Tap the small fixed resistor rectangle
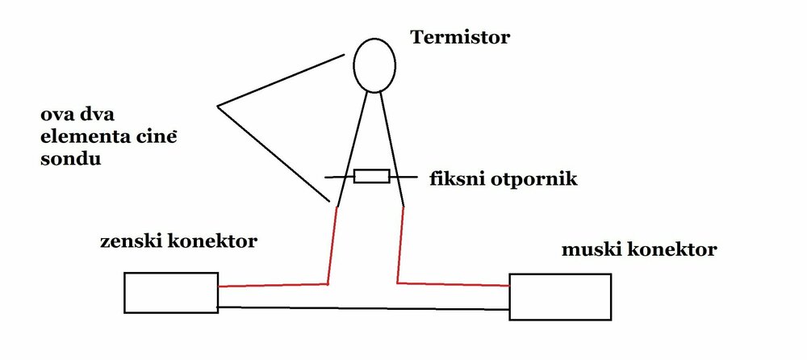coord(372,176)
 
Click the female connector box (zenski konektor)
coord(171,293)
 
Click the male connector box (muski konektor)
coord(559,296)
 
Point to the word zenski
coord(128,241)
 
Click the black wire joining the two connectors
coord(363,307)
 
